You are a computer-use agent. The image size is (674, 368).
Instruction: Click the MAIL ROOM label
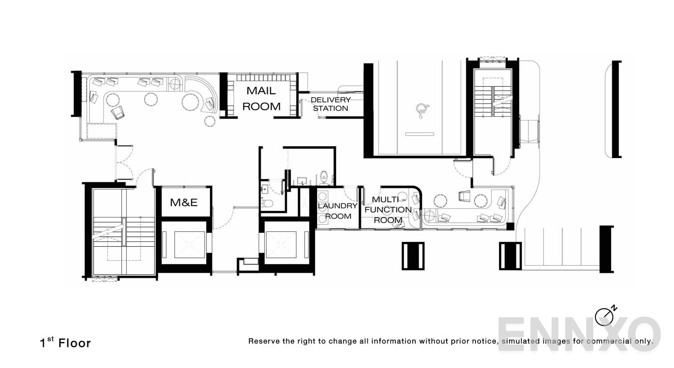(x=263, y=99)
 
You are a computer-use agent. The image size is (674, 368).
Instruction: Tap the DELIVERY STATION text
(x=331, y=104)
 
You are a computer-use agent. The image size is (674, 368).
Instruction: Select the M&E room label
(x=184, y=202)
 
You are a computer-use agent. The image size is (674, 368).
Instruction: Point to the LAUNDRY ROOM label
(x=338, y=211)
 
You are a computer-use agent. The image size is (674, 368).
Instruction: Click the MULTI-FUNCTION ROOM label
(x=388, y=210)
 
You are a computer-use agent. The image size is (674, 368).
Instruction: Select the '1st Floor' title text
(x=65, y=343)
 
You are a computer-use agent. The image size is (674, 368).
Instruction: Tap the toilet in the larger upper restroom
(x=324, y=176)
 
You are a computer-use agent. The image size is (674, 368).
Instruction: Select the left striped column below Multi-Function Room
(x=413, y=256)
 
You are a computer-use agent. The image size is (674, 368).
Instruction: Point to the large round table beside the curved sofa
(x=190, y=102)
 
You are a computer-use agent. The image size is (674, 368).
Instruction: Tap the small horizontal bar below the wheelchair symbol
(x=419, y=134)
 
